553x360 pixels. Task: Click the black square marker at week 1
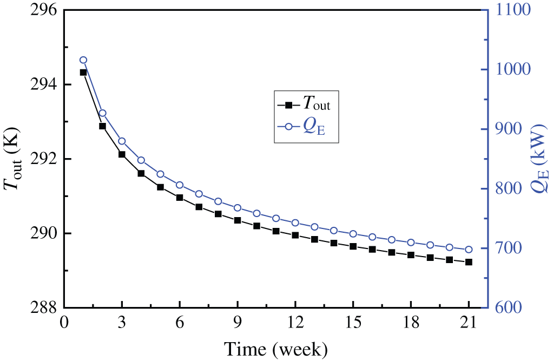click(x=83, y=72)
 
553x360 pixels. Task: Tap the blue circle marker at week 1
click(x=83, y=60)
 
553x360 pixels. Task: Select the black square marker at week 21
click(x=469, y=262)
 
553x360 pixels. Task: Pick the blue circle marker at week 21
click(x=469, y=250)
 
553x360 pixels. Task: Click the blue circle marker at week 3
click(x=122, y=141)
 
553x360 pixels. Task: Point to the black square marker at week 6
click(x=180, y=198)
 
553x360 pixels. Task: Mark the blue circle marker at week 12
click(x=295, y=222)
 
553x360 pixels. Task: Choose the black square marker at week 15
click(x=353, y=246)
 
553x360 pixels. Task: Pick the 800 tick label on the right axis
click(x=509, y=189)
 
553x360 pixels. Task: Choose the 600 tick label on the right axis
click(x=509, y=307)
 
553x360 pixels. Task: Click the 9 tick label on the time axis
click(x=238, y=323)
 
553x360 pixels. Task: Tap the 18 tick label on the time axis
click(x=411, y=323)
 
